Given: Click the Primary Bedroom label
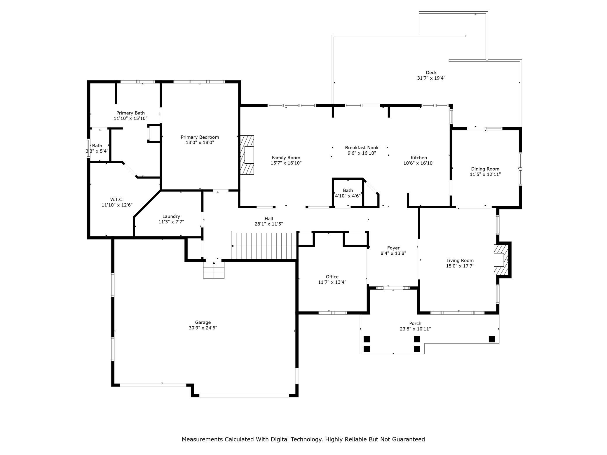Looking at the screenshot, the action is [200, 137].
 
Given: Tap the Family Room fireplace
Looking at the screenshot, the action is [247, 155].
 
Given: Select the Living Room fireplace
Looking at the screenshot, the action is [501, 260].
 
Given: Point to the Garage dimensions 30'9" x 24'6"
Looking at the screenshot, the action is [203, 328].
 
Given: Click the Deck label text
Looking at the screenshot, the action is [431, 73].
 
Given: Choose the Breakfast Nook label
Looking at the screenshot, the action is [362, 148].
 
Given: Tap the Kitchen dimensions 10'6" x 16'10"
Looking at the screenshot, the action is [419, 163].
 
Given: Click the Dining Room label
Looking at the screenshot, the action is [485, 169].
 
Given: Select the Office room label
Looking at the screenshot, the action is [332, 277].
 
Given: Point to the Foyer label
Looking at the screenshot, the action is [393, 248].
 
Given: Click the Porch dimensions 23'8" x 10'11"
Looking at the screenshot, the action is [415, 329].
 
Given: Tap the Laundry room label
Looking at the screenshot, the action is [171, 216].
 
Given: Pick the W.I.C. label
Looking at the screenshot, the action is [117, 199].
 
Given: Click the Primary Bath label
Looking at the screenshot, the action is [130, 113].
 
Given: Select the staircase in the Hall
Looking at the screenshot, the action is [264, 245].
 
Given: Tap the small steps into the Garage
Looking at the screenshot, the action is [214, 270].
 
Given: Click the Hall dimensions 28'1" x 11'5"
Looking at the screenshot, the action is [269, 224].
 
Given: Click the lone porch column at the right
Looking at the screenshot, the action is [492, 339].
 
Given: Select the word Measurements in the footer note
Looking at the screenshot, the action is [203, 439].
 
